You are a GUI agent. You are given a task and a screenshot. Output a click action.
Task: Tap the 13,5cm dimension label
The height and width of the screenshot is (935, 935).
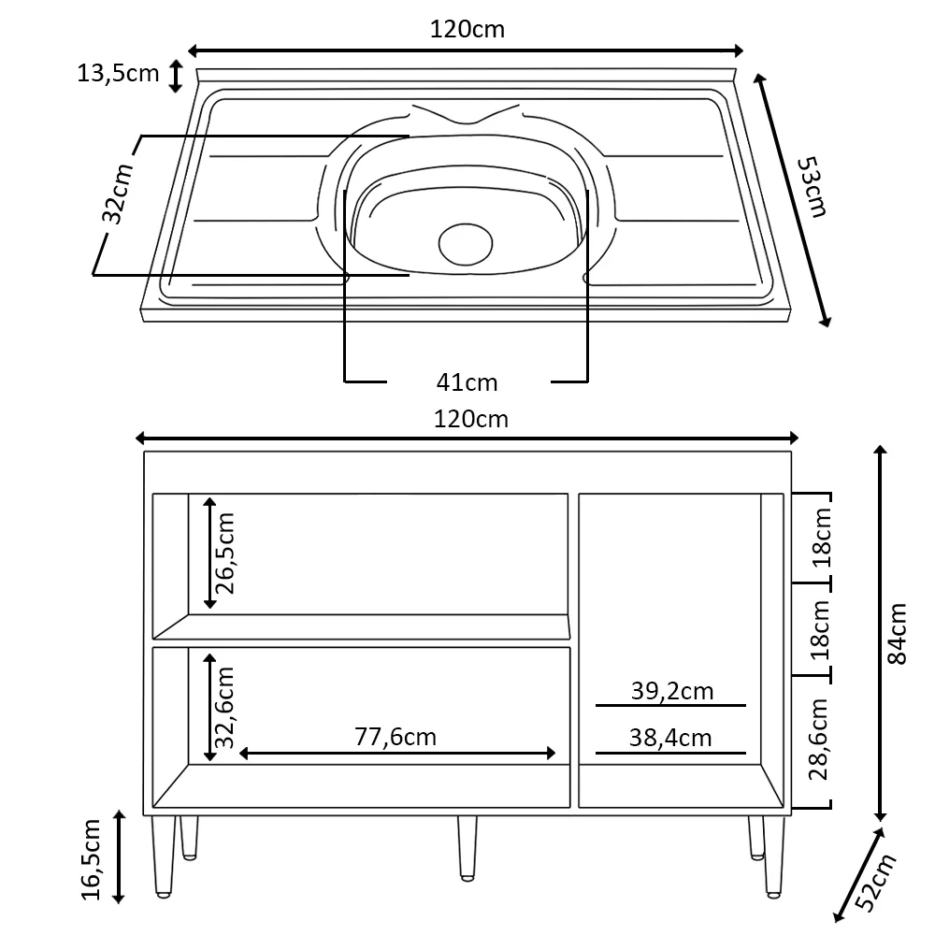point(118,73)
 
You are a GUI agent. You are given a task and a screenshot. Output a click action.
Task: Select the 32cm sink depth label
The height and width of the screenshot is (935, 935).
point(117,194)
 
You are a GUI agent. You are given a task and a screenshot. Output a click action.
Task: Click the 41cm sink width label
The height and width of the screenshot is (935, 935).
point(467,381)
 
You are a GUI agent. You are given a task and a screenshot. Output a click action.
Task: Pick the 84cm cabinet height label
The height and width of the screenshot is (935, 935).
point(898,633)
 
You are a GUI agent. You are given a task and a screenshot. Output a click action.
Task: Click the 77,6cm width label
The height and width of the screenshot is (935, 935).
point(396,736)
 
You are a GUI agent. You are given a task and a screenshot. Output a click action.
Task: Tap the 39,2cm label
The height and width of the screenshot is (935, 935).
point(671,691)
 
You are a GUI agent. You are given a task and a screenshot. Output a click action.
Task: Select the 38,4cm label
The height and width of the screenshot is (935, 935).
point(670,738)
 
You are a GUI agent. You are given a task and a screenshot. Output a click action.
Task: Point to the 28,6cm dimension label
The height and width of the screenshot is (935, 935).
point(820,739)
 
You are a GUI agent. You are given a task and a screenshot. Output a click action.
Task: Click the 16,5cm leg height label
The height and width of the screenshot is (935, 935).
point(92,858)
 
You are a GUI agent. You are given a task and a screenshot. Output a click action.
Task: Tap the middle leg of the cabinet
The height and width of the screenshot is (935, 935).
point(467,847)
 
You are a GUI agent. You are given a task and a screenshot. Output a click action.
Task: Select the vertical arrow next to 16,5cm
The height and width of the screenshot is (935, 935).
point(119,857)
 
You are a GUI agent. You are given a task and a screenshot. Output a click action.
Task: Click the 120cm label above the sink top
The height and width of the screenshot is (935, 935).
point(467,29)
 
